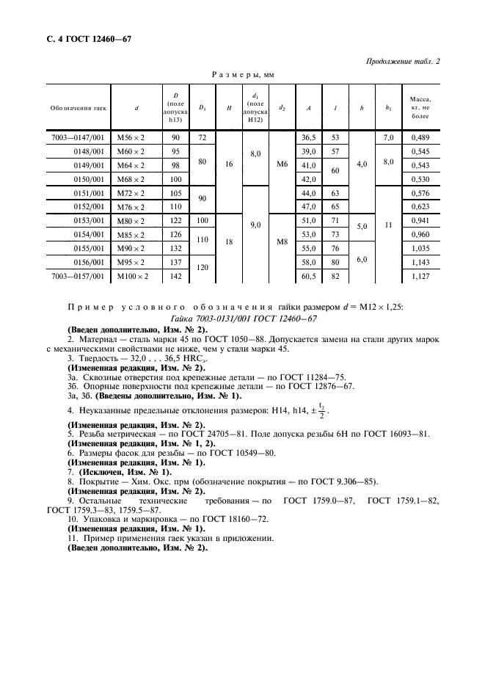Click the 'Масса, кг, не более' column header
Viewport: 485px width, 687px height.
tap(421, 108)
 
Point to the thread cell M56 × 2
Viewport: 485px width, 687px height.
tap(136, 137)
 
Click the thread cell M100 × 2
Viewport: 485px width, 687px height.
tap(136, 277)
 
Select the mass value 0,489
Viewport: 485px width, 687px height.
tap(421, 137)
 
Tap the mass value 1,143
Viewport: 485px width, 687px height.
tap(421, 263)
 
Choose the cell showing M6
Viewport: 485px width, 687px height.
tap(282, 165)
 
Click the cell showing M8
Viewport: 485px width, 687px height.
tap(282, 241)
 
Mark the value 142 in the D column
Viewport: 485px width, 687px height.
tap(175, 277)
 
